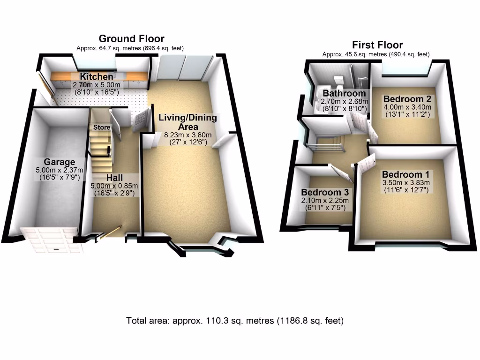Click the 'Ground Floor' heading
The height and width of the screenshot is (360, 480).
pos(131,38)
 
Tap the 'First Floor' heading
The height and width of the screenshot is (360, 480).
pos(377,45)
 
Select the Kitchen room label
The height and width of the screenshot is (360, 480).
pos(96,77)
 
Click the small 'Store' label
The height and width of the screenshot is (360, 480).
pos(102,127)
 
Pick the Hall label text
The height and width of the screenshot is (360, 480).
pos(114,178)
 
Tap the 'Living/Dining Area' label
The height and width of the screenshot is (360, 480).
pos(187,122)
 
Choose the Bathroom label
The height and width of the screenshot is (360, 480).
pos(344,93)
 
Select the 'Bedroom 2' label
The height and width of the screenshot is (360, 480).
pos(407,99)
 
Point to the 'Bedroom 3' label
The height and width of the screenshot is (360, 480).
pos(325,192)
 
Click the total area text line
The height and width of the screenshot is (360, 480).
pos(235,321)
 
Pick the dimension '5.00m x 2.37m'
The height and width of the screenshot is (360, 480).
pos(60,170)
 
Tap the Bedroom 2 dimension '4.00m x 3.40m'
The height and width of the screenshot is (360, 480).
pos(407,107)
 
